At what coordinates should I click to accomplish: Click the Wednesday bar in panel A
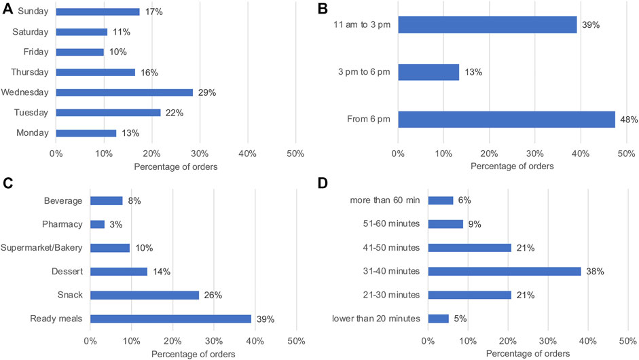124,92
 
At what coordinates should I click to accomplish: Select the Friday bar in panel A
79,52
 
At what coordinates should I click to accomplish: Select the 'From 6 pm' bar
506,120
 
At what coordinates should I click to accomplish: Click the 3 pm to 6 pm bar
428,72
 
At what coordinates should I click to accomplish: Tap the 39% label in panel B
591,25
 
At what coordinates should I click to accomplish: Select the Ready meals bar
170,319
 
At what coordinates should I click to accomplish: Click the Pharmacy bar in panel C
97,224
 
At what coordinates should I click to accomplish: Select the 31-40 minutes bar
505,272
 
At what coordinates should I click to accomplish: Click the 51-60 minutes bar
445,224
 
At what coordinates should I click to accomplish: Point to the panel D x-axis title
532,355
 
